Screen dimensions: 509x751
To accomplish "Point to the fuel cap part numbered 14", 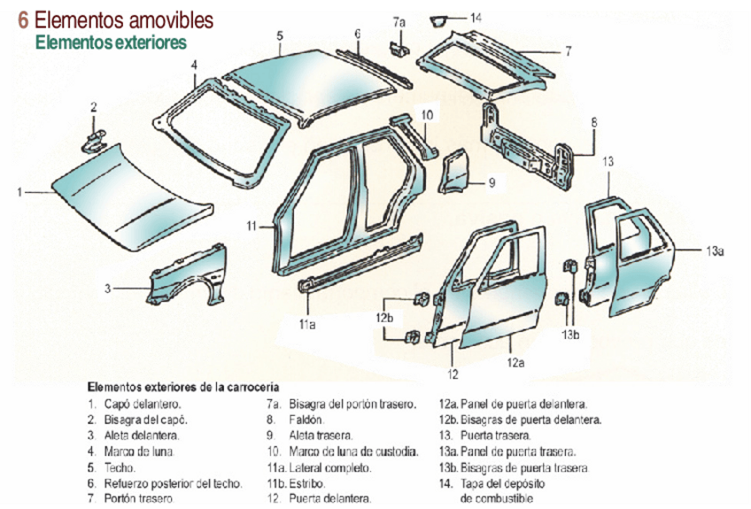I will [439, 19].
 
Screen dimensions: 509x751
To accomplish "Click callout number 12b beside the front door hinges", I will [383, 317].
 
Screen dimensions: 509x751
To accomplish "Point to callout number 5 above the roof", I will [279, 35].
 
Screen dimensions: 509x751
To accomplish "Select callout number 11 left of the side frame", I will [252, 227].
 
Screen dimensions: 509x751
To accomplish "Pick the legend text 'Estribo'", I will [307, 483].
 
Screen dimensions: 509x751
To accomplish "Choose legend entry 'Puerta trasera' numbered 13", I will [495, 436].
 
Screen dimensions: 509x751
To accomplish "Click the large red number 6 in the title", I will [24, 19].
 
